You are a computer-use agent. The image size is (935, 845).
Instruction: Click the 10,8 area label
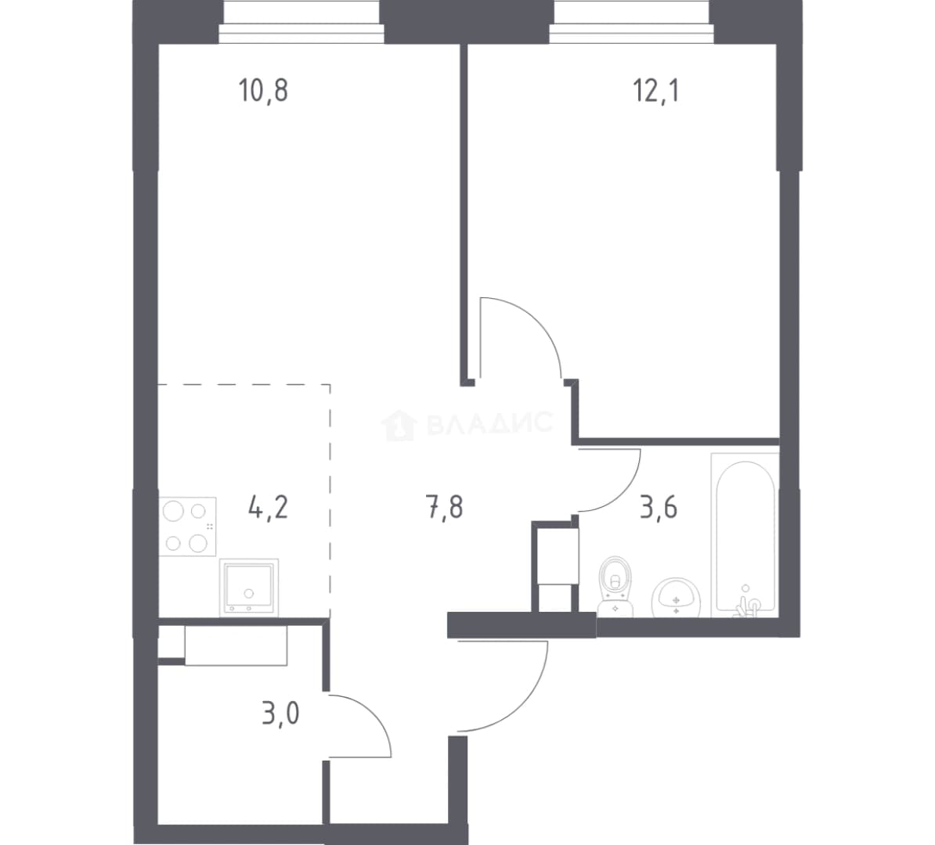(263, 91)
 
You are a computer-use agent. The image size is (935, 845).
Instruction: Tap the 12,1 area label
(655, 91)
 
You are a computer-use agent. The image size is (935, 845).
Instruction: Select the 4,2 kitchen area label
(268, 508)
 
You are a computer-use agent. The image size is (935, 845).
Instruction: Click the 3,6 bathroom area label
(659, 508)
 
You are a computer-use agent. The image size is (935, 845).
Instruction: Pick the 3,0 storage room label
(280, 714)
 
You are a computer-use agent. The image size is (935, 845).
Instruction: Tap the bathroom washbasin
(676, 597)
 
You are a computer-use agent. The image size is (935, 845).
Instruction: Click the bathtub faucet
(745, 604)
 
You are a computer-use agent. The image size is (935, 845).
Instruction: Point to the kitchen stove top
(187, 527)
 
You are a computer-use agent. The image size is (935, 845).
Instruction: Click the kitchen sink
(249, 587)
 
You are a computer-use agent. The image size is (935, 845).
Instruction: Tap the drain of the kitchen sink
(249, 594)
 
